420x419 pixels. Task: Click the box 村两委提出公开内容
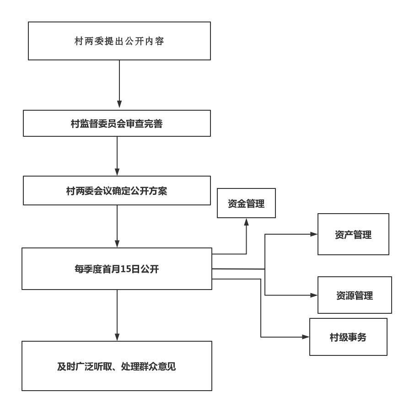(119, 41)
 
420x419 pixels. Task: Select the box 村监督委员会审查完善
(117, 124)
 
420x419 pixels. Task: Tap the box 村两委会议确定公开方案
(117, 191)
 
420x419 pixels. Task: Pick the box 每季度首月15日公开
(117, 269)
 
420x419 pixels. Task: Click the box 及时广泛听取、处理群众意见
(117, 366)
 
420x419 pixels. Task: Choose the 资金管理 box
(246, 204)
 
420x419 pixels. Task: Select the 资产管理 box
(353, 235)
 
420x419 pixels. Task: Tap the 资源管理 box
(355, 295)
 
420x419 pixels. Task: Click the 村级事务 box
(348, 338)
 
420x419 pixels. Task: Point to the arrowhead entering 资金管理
(246, 221)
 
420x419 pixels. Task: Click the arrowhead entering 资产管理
(314, 234)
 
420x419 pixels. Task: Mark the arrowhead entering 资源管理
(314, 295)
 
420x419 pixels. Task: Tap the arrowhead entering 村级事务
(306, 337)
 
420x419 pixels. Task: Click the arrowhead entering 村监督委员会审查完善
(119, 105)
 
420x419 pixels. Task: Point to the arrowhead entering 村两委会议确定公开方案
(117, 172)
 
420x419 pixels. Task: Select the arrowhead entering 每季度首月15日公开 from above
(117, 244)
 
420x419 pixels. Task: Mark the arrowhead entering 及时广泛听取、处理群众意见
(117, 337)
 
